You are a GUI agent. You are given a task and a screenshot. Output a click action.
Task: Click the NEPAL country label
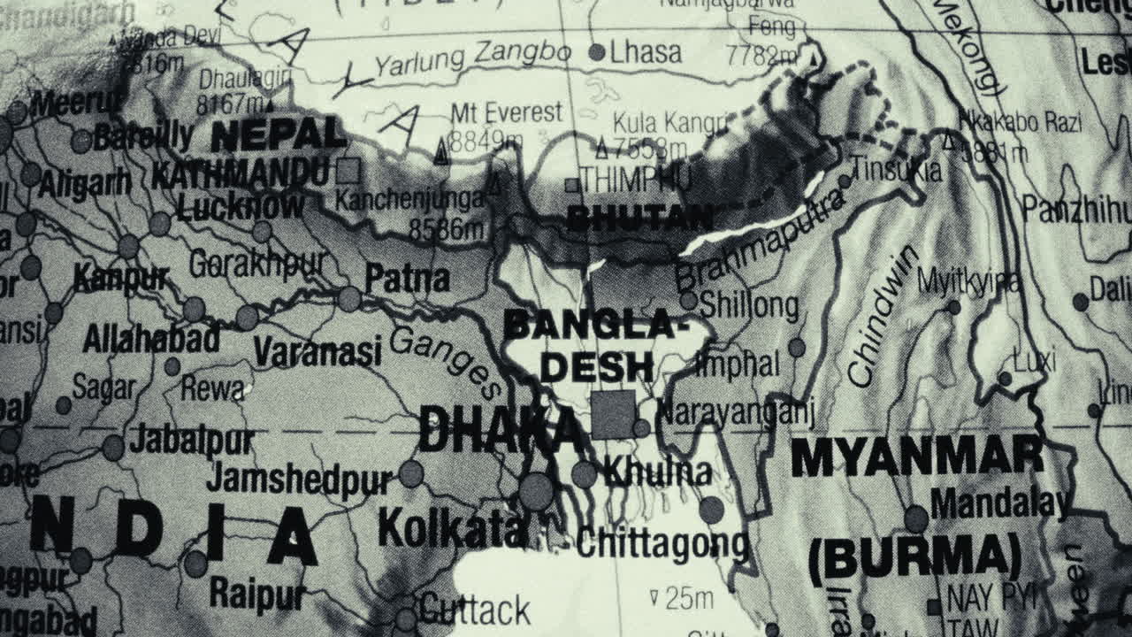click(278, 134)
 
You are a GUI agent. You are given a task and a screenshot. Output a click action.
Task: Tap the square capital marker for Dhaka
click(613, 415)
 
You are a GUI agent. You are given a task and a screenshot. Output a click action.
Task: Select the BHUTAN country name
click(639, 218)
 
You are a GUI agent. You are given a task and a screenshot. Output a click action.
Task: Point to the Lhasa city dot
click(597, 52)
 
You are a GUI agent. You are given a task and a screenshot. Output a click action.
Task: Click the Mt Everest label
click(506, 113)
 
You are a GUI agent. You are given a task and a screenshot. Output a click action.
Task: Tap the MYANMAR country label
click(917, 457)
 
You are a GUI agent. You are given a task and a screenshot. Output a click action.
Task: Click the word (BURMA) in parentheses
click(915, 557)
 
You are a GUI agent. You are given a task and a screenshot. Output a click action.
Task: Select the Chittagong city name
click(662, 545)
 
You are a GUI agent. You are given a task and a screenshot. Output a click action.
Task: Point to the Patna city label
click(408, 279)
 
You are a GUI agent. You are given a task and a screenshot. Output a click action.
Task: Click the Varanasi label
click(317, 352)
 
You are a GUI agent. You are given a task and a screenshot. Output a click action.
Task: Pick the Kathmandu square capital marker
click(348, 170)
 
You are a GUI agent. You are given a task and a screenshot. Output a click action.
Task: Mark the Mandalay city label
click(999, 504)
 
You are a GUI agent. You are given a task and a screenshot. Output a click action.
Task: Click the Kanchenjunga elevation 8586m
click(447, 230)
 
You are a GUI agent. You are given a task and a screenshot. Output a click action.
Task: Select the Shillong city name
click(749, 306)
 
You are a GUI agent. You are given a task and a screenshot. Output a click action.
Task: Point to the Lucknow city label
click(240, 207)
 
